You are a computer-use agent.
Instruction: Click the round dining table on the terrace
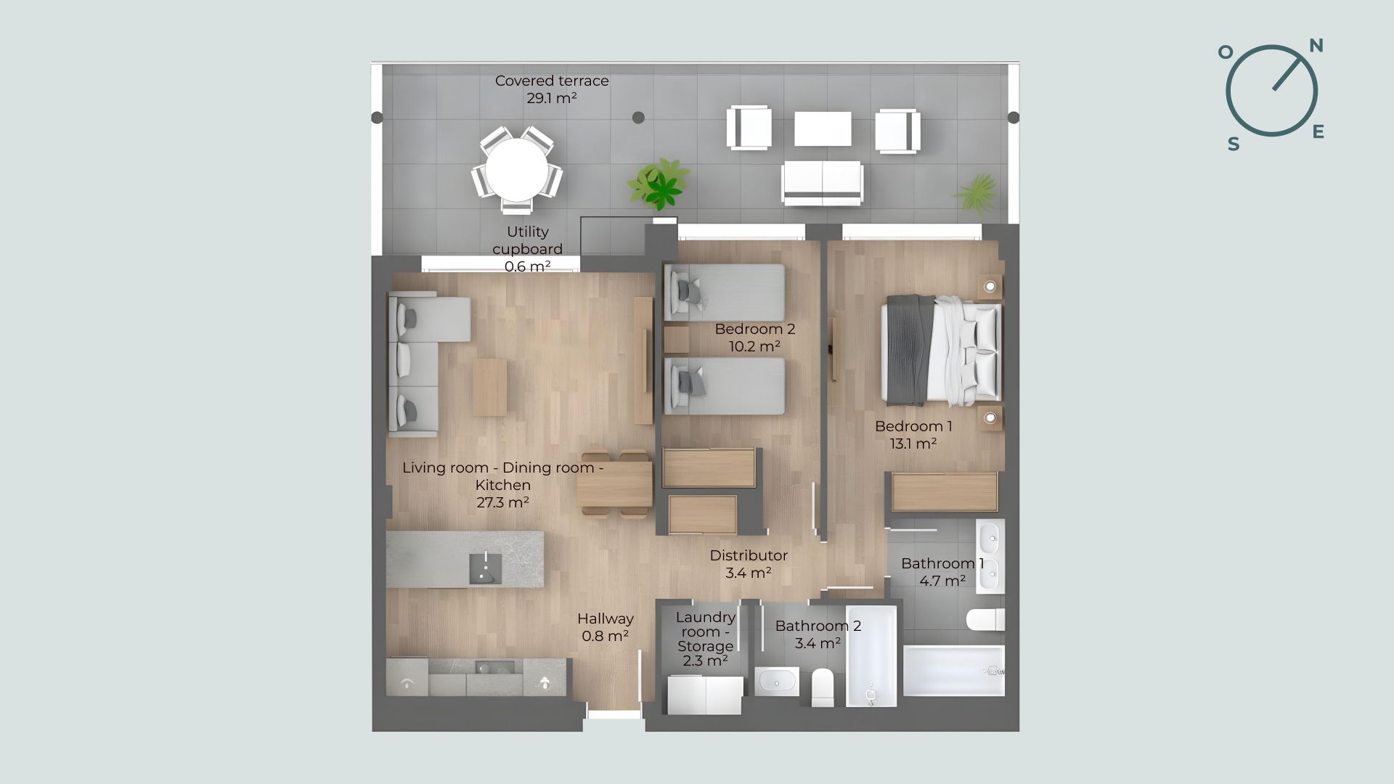pyautogui.click(x=517, y=170)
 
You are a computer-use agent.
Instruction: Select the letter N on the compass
pyautogui.click(x=1316, y=46)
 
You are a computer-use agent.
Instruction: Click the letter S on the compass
pyautogui.click(x=1234, y=144)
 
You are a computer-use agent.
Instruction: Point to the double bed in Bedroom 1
pyautogui.click(x=942, y=350)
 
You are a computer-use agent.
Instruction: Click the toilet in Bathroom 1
pyautogui.click(x=985, y=620)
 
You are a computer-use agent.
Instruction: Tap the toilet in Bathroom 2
pyautogui.click(x=823, y=686)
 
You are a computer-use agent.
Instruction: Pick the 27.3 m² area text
pyautogui.click(x=502, y=502)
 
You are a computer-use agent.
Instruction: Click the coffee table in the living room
pyautogui.click(x=490, y=387)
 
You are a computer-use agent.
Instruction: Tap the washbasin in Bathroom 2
pyautogui.click(x=777, y=682)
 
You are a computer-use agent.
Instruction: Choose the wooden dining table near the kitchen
pyautogui.click(x=615, y=484)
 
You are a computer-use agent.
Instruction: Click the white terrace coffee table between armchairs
pyautogui.click(x=823, y=128)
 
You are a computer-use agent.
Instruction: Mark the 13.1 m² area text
pyautogui.click(x=913, y=444)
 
